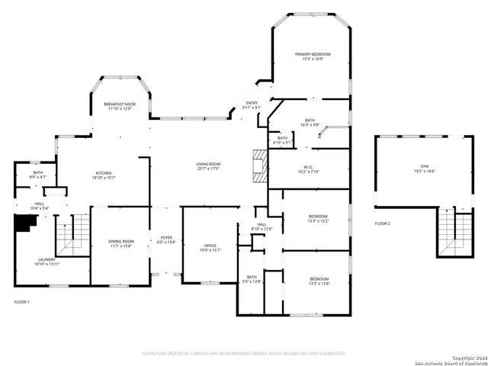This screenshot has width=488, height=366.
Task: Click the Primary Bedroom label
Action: coord(313,54)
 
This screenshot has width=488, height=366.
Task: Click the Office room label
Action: coord(210,246)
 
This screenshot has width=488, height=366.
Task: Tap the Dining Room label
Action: coord(120,240)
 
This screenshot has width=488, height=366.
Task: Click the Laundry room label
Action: coord(46,259)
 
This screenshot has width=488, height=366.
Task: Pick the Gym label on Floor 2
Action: coord(425,165)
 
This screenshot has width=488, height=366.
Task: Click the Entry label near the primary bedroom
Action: coord(252,103)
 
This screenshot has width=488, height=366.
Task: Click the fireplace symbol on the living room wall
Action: coord(260,165)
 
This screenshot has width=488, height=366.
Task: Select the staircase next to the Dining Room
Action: coord(74,233)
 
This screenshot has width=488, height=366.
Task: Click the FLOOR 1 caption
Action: coord(22,303)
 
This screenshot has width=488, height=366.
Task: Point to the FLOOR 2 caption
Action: coord(382,223)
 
